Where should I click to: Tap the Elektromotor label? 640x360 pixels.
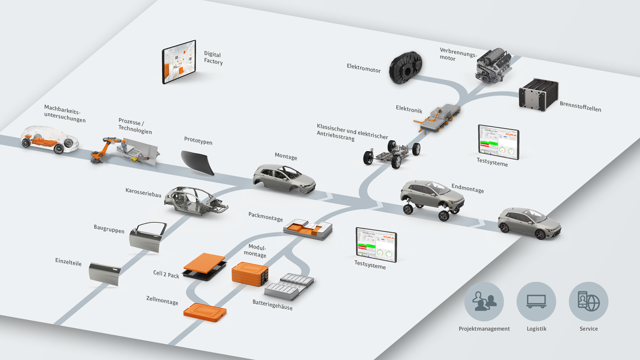(x=363, y=68)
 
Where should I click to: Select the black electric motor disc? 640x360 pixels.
(x=405, y=68)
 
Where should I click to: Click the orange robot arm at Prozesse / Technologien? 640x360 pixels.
(x=104, y=148)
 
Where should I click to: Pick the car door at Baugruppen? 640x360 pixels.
(x=148, y=237)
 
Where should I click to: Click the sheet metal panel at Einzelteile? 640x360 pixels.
(x=105, y=273)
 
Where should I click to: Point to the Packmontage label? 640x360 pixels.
(x=266, y=216)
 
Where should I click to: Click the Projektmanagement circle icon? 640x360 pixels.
(x=484, y=302)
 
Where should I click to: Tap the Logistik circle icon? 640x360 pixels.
(x=536, y=302)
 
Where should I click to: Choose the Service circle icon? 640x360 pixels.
(x=588, y=302)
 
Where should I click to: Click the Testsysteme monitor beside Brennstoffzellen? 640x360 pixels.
(x=498, y=142)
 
